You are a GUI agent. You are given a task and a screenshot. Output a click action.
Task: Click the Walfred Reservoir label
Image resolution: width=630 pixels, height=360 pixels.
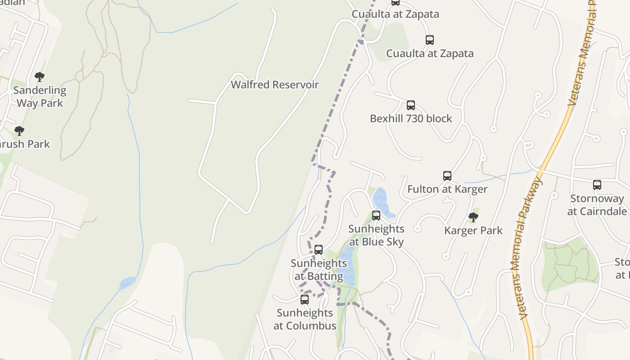pyautogui.click(x=274, y=85)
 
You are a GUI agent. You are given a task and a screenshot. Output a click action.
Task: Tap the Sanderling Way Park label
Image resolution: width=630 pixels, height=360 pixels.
pyautogui.click(x=40, y=97)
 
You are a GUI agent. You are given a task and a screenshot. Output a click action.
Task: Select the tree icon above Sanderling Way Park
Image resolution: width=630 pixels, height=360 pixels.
pyautogui.click(x=40, y=77)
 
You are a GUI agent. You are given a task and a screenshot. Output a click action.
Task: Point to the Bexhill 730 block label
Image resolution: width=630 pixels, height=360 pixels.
pyautogui.click(x=411, y=118)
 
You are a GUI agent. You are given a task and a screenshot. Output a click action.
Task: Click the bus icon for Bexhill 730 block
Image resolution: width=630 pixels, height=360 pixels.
pyautogui.click(x=411, y=105)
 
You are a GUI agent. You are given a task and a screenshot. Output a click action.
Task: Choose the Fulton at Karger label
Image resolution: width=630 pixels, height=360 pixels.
pyautogui.click(x=447, y=189)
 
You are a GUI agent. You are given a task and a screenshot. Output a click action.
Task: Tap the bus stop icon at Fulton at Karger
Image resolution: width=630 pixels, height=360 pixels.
pyautogui.click(x=447, y=176)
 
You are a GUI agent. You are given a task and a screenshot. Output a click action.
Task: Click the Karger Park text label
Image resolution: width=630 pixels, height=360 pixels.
pyautogui.click(x=473, y=230)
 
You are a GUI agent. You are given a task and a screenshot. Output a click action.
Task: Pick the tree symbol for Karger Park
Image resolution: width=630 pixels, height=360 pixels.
pyautogui.click(x=473, y=217)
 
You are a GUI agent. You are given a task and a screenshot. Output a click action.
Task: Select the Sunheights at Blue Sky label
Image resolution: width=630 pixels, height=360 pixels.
pyautogui.click(x=376, y=235)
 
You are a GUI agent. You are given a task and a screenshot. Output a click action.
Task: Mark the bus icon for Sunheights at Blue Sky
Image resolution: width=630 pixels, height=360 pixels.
pyautogui.click(x=376, y=216)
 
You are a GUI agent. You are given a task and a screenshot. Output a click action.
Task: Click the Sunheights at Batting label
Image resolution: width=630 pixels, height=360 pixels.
pyautogui.click(x=319, y=270)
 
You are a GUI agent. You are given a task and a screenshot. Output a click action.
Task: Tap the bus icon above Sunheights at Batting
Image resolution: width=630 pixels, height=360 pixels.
pyautogui.click(x=319, y=249)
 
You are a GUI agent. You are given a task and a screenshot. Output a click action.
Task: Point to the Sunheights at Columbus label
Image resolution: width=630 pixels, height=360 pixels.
pyautogui.click(x=305, y=319)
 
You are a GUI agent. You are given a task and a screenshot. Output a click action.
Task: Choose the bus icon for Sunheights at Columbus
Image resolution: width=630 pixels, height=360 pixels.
pyautogui.click(x=305, y=300)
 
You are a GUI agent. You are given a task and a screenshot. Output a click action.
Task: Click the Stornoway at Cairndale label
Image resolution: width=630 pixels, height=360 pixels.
pyautogui.click(x=597, y=205)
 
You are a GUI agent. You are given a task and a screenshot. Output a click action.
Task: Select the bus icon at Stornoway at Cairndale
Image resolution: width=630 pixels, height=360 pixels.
pyautogui.click(x=597, y=184)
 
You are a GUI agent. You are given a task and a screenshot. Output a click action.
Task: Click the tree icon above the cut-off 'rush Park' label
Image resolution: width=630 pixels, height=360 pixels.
pyautogui.click(x=19, y=131)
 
